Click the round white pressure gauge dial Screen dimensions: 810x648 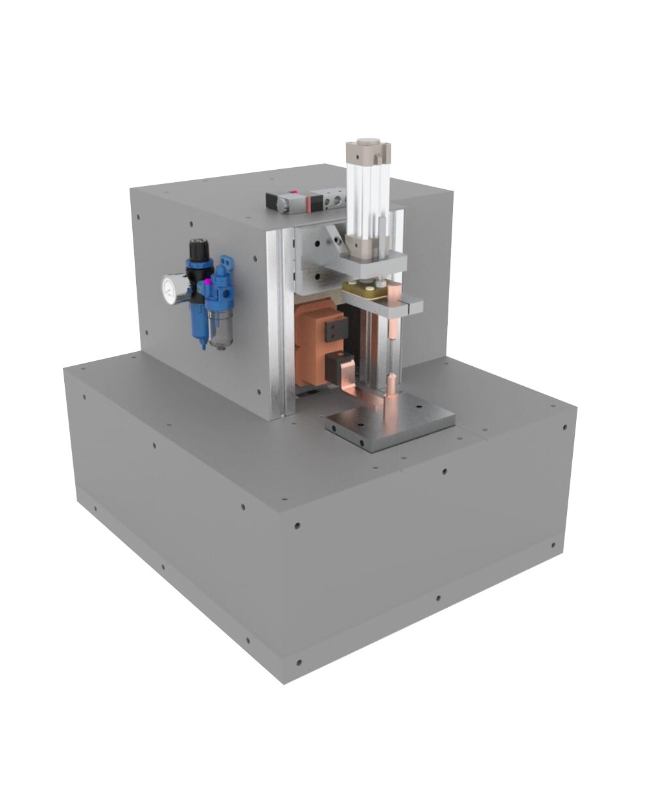tap(171, 290)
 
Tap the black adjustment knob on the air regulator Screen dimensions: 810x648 tap(198, 249)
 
